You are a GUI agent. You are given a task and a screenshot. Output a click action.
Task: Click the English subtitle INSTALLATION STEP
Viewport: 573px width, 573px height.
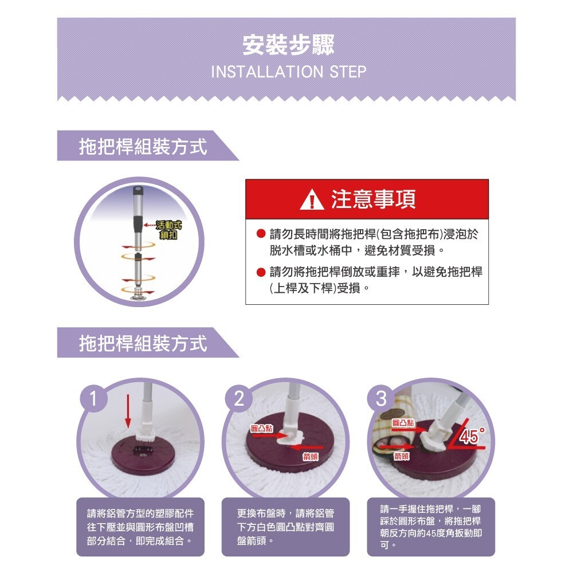tap(288, 72)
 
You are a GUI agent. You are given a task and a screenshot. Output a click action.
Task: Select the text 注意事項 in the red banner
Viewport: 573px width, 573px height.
tap(373, 199)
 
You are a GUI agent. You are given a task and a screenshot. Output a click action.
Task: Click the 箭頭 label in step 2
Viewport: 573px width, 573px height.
tap(311, 456)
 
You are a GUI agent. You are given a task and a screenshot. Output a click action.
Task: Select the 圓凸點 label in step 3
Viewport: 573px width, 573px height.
tap(403, 422)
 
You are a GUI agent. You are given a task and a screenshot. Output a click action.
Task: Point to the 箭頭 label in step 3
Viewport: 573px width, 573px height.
tap(401, 456)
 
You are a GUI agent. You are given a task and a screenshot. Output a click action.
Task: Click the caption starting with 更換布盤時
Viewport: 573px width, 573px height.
tap(285, 526)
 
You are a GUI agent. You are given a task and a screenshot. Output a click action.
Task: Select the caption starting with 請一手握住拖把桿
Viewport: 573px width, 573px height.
tap(430, 526)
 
